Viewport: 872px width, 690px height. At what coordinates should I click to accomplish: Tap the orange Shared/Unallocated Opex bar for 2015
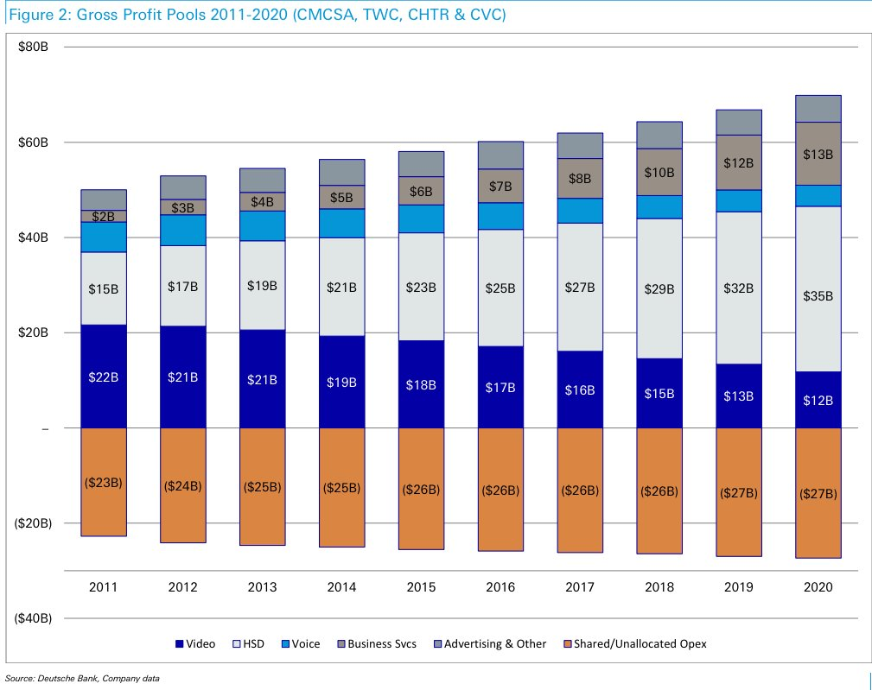coord(421,489)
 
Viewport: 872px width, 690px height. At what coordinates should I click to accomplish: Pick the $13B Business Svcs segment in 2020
coord(818,154)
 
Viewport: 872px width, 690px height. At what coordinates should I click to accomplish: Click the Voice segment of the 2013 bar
coord(262,225)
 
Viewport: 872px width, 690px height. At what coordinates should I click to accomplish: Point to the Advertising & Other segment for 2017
coord(580,145)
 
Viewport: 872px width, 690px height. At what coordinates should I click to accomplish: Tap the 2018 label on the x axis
coord(659,587)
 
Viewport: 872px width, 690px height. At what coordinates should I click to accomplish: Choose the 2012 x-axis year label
coord(182,587)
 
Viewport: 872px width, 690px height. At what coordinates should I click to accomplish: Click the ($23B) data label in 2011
coord(104,483)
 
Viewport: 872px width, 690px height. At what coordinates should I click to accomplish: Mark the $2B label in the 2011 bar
coord(104,216)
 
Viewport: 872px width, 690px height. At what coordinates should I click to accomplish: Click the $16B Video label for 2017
coord(580,389)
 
